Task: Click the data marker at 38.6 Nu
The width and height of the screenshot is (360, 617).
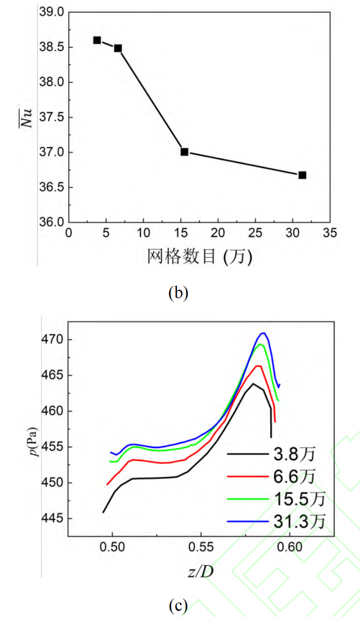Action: point(97,40)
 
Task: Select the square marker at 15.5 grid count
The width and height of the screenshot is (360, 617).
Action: point(184,152)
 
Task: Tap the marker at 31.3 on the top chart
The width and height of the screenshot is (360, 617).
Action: point(302,175)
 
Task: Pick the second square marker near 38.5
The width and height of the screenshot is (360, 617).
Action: point(118,48)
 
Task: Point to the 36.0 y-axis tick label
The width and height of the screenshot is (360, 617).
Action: point(52,222)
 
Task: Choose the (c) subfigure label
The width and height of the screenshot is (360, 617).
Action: point(177,606)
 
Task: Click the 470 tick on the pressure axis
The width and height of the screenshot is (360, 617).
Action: point(54,339)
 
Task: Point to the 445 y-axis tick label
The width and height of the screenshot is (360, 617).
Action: point(54,518)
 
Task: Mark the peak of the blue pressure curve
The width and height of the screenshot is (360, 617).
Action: point(262,333)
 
